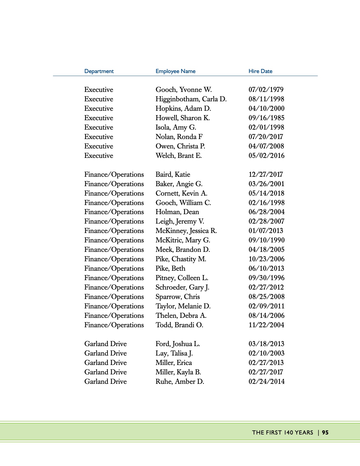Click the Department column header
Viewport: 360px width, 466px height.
[x=99, y=71]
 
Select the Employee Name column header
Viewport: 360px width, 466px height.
[x=175, y=71]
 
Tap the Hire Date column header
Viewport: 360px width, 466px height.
[x=260, y=71]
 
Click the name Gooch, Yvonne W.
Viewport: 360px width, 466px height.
[x=184, y=90]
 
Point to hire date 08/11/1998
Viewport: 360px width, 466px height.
[x=266, y=99]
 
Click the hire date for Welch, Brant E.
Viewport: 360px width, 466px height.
[x=266, y=156]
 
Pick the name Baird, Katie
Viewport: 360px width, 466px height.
[x=173, y=174]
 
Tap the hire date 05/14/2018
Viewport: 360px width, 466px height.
[x=266, y=193]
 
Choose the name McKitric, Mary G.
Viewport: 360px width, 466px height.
[x=183, y=240]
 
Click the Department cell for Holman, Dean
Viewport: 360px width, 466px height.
[x=114, y=212]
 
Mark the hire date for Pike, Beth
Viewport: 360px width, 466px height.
[x=266, y=268]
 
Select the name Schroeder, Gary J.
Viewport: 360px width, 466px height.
[x=182, y=287]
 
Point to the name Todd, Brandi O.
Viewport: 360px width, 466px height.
[x=179, y=325]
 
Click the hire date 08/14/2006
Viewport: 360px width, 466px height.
[x=266, y=315]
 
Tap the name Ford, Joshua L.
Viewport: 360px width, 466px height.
[x=178, y=344]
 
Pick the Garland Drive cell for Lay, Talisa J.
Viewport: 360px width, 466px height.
[x=105, y=353]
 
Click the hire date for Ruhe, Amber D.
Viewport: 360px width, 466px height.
[x=266, y=381]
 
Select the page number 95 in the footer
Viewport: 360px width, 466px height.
[x=325, y=432]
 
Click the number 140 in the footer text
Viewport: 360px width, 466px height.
[x=288, y=432]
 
